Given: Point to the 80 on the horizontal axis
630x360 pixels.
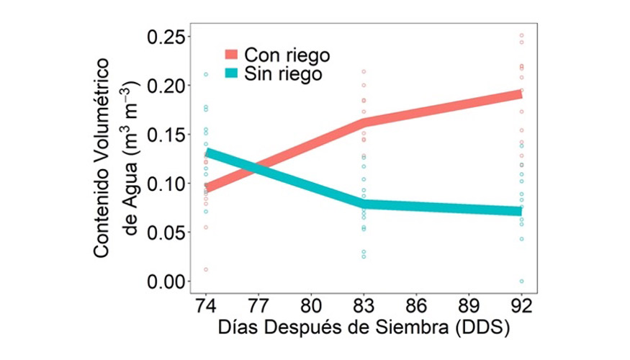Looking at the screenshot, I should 311,305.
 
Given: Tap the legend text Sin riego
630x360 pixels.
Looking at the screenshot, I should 282,73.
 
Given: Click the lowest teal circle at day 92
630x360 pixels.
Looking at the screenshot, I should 522,281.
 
